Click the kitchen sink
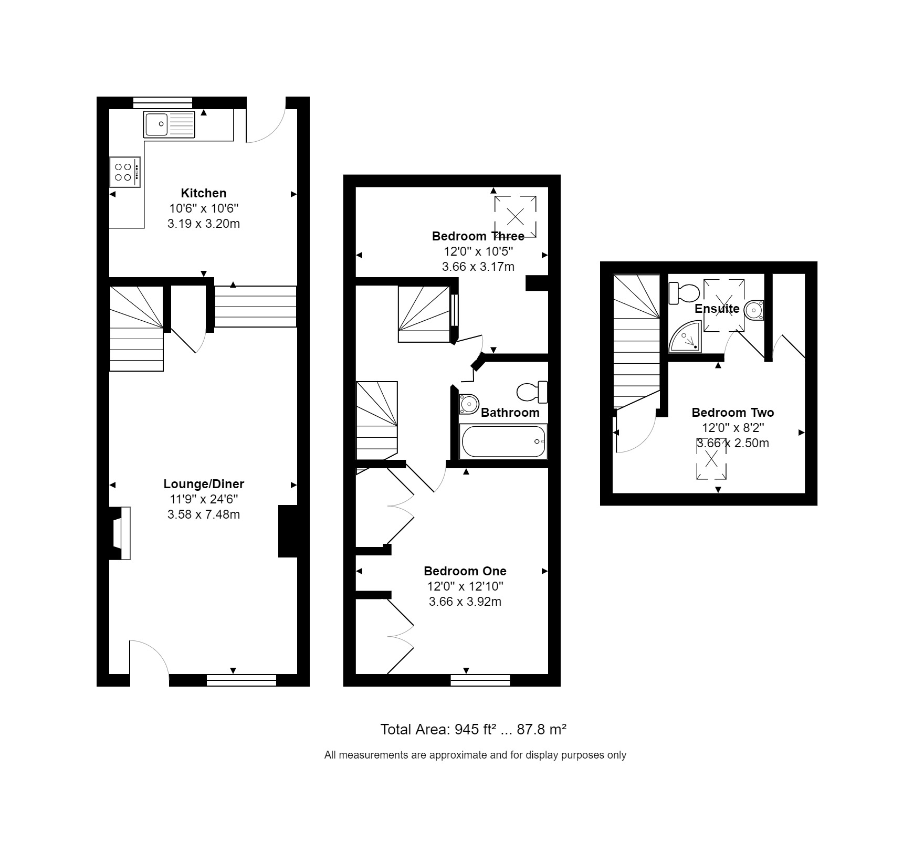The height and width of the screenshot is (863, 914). pos(169,124)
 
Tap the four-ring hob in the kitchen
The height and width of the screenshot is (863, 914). pos(125,172)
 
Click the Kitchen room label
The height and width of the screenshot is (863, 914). pos(204,193)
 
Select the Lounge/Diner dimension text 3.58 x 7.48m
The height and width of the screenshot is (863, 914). pos(204,514)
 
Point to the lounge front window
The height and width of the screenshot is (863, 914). pos(241,681)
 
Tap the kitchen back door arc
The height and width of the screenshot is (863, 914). pos(266,126)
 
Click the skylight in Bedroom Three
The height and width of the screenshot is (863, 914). pos(515,216)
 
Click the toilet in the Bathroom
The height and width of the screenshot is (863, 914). pos(531,392)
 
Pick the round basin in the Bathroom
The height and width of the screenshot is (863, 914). pos(469,404)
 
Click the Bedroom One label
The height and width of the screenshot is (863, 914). pos(465,571)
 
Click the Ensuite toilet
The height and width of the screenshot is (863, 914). pos(683,293)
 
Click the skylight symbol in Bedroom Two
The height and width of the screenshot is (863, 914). pos(711,459)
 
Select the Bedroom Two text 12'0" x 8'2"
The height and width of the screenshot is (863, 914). pos(733,428)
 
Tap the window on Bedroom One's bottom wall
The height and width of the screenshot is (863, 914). pos(480,681)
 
